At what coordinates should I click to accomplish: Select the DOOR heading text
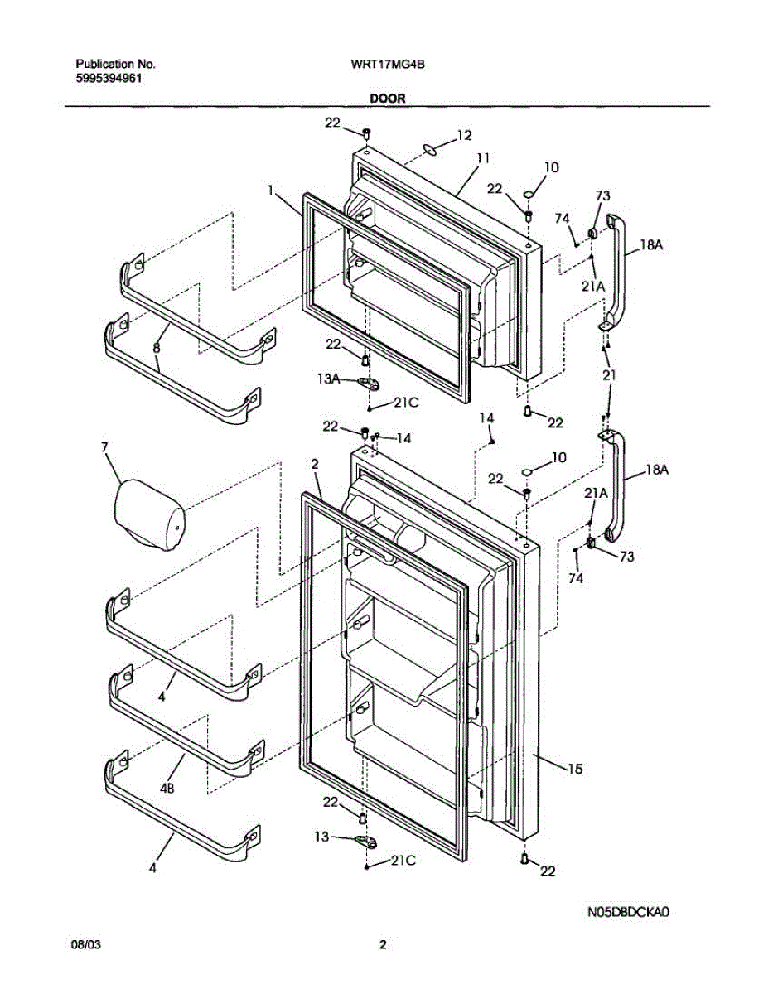388,98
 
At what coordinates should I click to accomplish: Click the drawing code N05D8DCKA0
628,912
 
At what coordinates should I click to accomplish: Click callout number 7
104,448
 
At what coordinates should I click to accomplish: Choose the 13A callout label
328,378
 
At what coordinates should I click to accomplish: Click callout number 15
574,769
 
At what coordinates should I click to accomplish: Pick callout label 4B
168,789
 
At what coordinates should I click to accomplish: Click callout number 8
156,349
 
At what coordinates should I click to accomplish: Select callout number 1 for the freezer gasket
271,191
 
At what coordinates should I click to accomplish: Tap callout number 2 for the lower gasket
315,466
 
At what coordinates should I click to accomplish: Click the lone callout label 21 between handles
611,375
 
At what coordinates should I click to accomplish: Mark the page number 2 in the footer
383,944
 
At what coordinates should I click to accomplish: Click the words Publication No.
115,64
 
